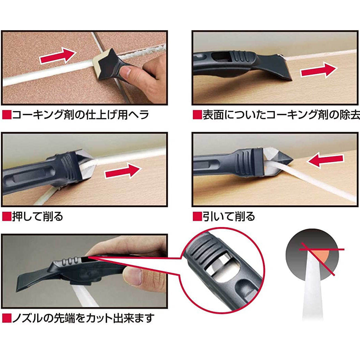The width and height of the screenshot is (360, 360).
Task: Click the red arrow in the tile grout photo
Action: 58,56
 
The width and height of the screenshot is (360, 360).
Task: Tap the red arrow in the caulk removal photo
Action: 319,70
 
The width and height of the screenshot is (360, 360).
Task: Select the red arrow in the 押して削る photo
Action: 123,171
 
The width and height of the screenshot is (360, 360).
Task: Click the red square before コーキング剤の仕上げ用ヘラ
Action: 7,115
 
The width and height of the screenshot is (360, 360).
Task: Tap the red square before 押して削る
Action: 7,216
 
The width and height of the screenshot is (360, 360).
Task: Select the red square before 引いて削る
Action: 197,216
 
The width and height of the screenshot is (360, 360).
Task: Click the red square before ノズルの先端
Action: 7,318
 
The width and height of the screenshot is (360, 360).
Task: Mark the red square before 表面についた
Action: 197,115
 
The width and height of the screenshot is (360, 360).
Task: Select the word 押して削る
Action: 37,216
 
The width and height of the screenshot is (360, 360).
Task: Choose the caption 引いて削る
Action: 228,216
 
